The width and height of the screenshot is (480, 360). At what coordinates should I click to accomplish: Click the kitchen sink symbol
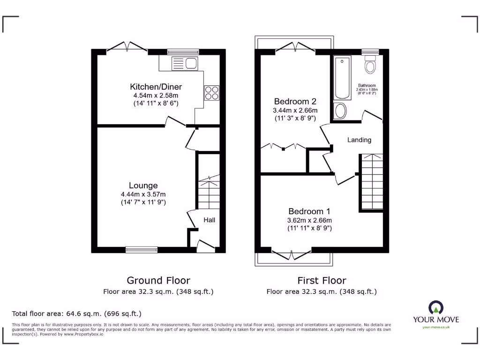coord(185,63)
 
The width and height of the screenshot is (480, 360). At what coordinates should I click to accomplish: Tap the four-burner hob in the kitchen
coord(211,92)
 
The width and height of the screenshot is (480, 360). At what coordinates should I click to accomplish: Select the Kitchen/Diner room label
coord(156,87)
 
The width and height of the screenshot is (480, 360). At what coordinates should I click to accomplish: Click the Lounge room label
coord(143,186)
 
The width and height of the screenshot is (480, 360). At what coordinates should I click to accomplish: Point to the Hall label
coord(209,220)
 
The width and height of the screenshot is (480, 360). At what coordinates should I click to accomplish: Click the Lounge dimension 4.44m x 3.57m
coord(143,194)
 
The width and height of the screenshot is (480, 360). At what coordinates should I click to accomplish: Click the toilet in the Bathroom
coord(370,65)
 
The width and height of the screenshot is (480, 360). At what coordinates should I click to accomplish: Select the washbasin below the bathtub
coord(340,111)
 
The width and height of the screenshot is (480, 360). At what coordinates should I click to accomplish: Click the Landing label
coord(359,140)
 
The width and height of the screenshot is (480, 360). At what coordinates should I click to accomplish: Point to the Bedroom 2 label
coord(295,101)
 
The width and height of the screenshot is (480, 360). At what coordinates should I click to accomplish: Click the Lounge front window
coord(142,250)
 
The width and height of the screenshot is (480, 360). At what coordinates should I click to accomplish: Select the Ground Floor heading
coord(158,280)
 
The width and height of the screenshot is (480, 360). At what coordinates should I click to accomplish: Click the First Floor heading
coord(322,280)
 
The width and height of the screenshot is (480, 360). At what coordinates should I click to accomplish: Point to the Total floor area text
coord(76,314)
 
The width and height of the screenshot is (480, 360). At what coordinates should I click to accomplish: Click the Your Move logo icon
coord(435,308)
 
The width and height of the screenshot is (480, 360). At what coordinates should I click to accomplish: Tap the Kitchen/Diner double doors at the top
coord(127,47)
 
